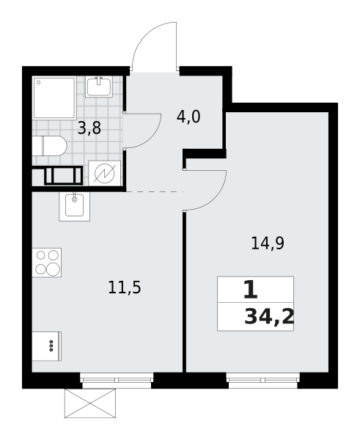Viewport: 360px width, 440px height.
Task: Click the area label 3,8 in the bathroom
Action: pyautogui.click(x=89, y=128)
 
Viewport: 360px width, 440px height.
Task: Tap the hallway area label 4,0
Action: pyautogui.click(x=188, y=117)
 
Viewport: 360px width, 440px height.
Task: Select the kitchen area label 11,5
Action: pyautogui.click(x=124, y=287)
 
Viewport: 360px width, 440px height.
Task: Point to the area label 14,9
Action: pyautogui.click(x=267, y=243)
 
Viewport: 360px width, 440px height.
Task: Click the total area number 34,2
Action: pyautogui.click(x=269, y=317)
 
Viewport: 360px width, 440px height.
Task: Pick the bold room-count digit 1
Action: pyautogui.click(x=250, y=290)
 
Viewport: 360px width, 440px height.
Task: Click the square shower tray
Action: pyautogui.click(x=54, y=98)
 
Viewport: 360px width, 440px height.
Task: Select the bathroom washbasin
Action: pyautogui.click(x=98, y=87)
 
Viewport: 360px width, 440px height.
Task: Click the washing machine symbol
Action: pyautogui.click(x=104, y=173)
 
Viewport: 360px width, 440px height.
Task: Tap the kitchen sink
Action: pyautogui.click(x=74, y=205)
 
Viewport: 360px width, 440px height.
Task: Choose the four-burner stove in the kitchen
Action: pyautogui.click(x=47, y=263)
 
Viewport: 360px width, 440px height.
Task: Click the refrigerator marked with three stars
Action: pyautogui.click(x=46, y=346)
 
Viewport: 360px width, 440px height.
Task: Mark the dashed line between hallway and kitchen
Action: pyautogui.click(x=154, y=191)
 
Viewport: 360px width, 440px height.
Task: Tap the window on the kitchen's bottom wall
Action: pyautogui.click(x=117, y=373)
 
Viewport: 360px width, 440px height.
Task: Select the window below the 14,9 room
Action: pyautogui.click(x=262, y=373)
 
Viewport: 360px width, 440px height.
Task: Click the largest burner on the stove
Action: pyautogui.click(x=53, y=269)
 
